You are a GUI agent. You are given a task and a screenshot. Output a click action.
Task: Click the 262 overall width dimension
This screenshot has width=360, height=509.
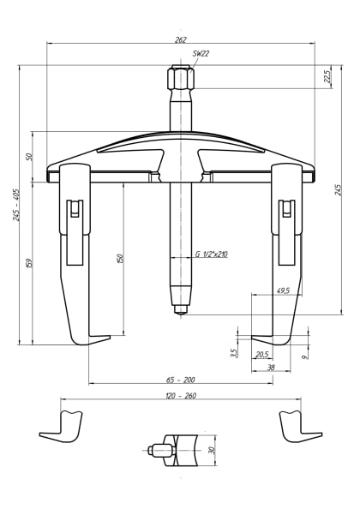tap(180, 39)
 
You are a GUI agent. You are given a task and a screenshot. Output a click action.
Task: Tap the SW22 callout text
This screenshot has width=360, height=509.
tap(201, 54)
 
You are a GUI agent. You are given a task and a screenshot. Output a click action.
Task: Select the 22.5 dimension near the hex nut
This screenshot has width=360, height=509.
tap(327, 76)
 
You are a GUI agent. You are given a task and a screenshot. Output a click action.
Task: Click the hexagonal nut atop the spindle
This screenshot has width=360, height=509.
tap(181, 81)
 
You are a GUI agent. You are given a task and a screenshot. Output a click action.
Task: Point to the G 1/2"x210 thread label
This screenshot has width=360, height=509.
tap(211, 254)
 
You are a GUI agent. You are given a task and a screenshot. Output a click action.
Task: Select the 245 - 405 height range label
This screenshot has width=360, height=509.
tap(16, 205)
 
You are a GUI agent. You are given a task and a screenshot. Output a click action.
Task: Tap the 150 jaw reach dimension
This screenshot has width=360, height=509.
tap(120, 258)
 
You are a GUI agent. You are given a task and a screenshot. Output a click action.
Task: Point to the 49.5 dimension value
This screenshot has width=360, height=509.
tap(283, 291)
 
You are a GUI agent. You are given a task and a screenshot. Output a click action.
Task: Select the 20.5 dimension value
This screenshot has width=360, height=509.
tap(261, 355)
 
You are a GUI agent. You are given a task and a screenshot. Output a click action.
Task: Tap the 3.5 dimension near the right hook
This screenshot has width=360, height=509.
tap(233, 352)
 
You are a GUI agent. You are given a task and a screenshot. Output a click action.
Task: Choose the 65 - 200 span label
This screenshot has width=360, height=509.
tap(181, 379)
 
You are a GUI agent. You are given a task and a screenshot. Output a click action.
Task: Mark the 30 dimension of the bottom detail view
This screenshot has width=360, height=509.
tap(211, 449)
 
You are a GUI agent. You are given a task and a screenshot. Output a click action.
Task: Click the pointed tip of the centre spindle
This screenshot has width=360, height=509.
tap(181, 313)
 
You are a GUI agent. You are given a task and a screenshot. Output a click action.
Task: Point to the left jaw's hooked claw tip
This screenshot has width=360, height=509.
tap(106, 338)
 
